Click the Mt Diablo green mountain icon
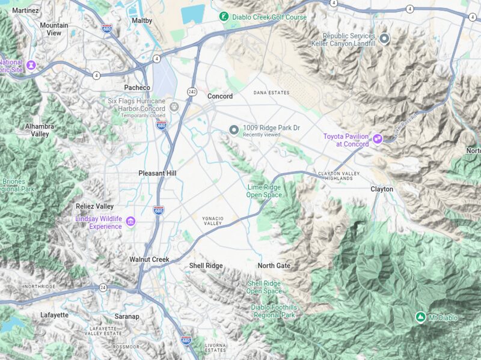pyautogui.click(x=420, y=317)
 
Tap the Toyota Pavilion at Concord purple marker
pyautogui.click(x=378, y=139)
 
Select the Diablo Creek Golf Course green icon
pyautogui.click(x=224, y=17)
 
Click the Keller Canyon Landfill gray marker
pyautogui.click(x=384, y=39)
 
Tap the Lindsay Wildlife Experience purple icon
pyautogui.click(x=130, y=222)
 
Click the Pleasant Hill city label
pyautogui.click(x=158, y=173)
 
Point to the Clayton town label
pyautogui.click(x=382, y=189)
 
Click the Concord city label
pyautogui.click(x=220, y=96)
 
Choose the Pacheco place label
pyautogui.click(x=137, y=88)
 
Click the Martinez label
pyautogui.click(x=25, y=11)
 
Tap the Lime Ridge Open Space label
pyautogui.click(x=264, y=191)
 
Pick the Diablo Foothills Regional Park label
pyautogui.click(x=274, y=311)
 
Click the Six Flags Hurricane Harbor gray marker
pyautogui.click(x=174, y=108)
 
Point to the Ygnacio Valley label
pyautogui.click(x=212, y=221)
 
